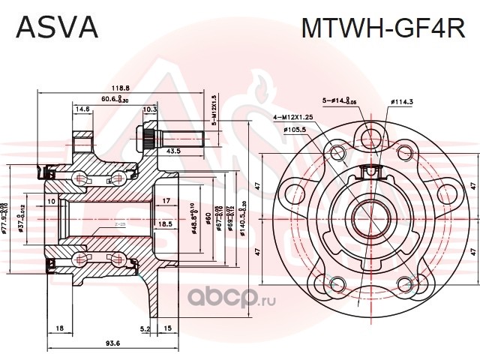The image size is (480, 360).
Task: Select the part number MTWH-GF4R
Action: tap(382, 28)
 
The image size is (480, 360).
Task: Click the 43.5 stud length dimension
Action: tap(174, 151)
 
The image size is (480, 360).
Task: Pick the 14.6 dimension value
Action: tap(82, 109)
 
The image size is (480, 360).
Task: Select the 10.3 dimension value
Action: tap(149, 109)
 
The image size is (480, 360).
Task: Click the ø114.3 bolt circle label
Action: tap(403, 103)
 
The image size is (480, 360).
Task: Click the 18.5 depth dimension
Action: tap(166, 223)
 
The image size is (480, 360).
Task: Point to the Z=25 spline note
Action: tap(119, 224)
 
